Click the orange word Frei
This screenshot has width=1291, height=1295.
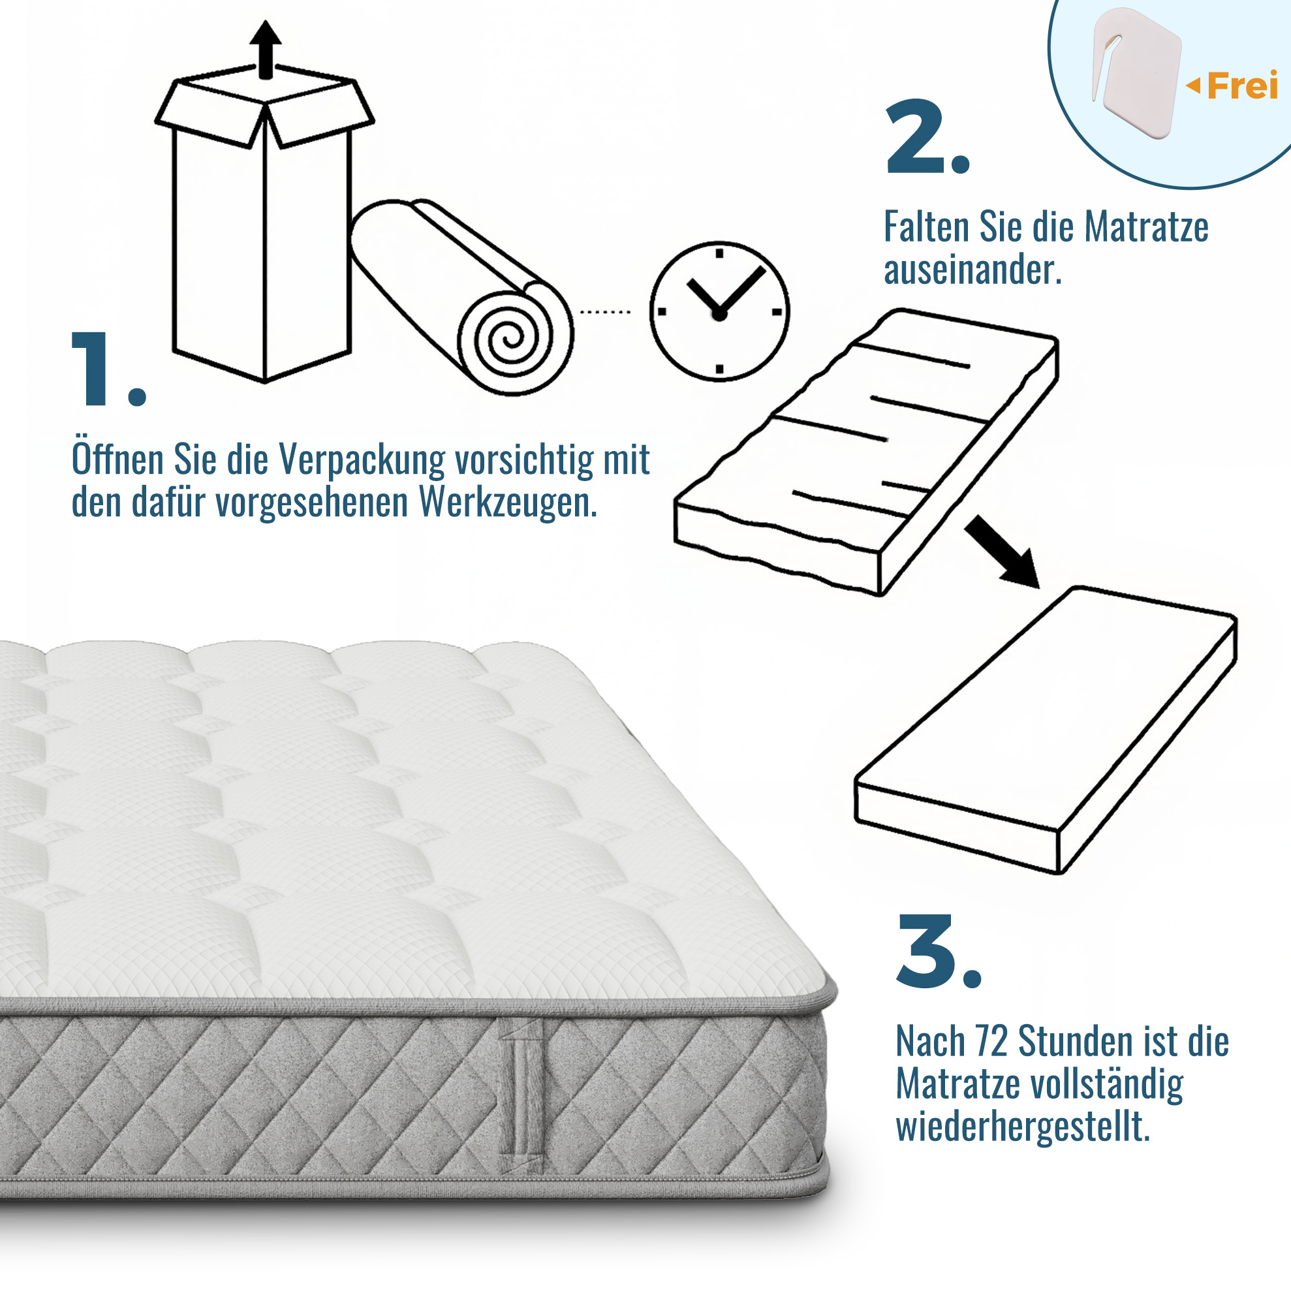tap(1242, 86)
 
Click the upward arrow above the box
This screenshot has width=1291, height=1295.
tap(266, 50)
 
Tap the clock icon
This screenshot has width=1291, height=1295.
tap(719, 312)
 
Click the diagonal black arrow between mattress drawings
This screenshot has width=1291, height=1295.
tap(1002, 552)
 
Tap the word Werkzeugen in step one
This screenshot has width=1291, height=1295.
tap(508, 503)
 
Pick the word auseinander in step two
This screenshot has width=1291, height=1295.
tap(972, 270)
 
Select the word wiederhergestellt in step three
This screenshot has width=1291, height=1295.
tap(1023, 1126)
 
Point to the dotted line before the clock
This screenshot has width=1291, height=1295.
tap(604, 313)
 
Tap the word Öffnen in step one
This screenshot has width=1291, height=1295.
tap(118, 458)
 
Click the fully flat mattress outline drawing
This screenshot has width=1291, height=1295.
tap(1046, 730)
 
